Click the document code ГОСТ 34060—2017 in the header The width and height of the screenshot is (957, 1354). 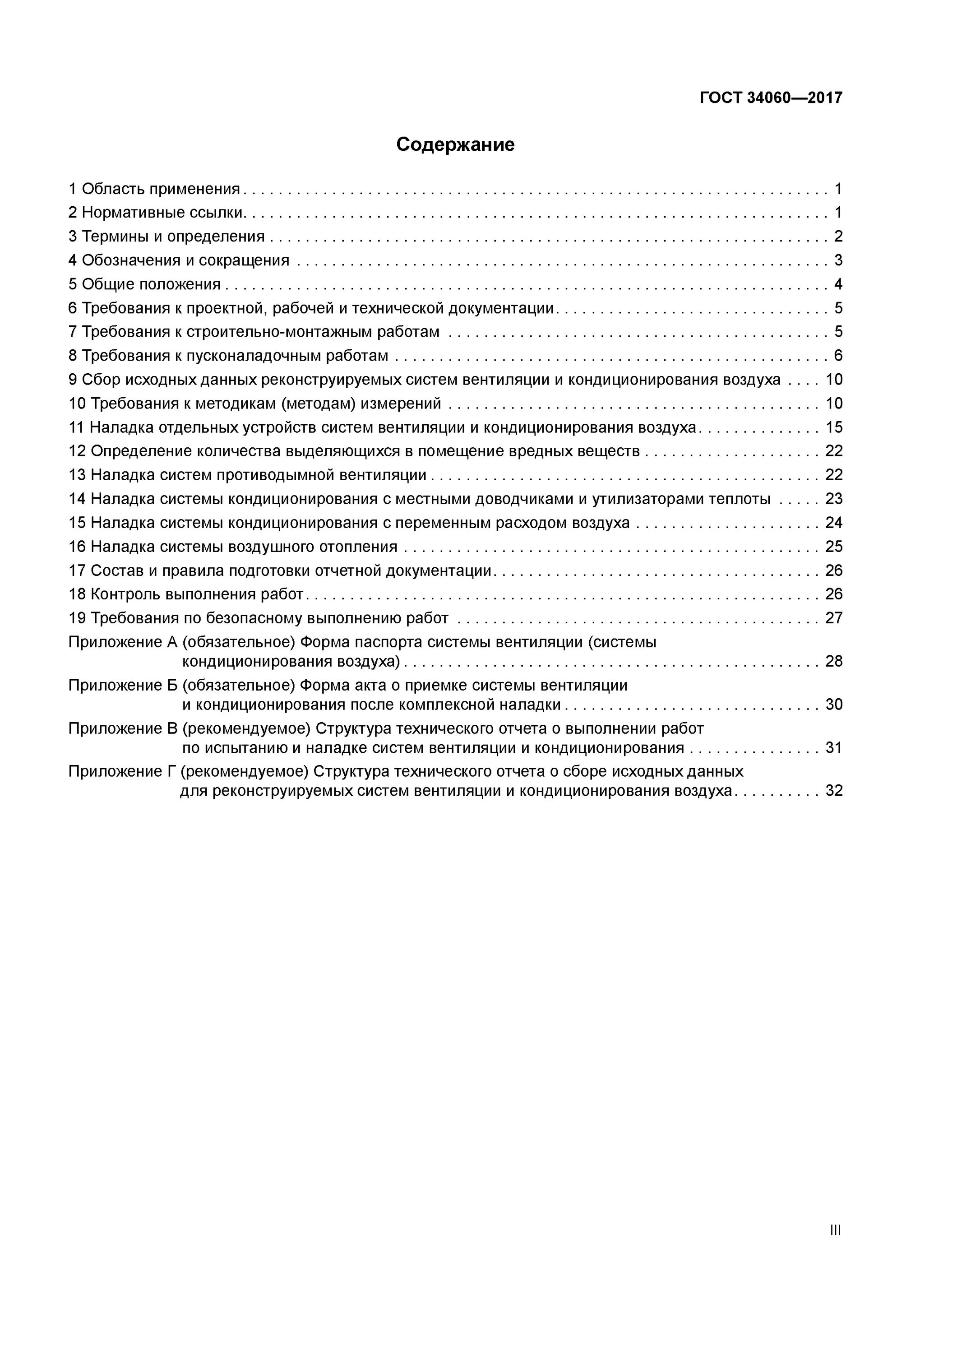(x=771, y=98)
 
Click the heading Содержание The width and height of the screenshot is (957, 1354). (x=455, y=144)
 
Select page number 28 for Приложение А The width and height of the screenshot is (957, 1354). (x=834, y=661)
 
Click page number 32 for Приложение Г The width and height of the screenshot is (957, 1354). (x=834, y=791)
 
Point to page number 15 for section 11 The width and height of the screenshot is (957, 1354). (x=834, y=427)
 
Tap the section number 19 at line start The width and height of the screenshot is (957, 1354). (x=77, y=618)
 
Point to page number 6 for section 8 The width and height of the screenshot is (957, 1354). (x=838, y=356)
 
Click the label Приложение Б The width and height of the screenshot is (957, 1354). (x=123, y=685)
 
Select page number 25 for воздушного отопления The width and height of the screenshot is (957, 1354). (x=834, y=547)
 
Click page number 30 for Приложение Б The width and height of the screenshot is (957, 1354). (x=834, y=704)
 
